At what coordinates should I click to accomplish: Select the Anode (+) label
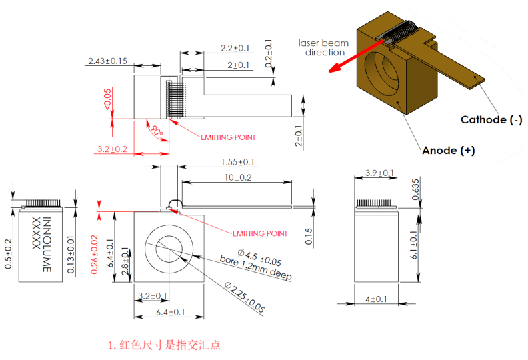[x=448, y=151]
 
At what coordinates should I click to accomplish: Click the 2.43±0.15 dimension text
[x=107, y=61]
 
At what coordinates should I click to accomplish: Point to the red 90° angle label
[x=155, y=131]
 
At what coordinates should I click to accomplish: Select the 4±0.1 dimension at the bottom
[x=375, y=300]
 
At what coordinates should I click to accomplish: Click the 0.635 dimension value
[x=416, y=189]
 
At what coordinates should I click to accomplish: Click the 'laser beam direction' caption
[x=325, y=47]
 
